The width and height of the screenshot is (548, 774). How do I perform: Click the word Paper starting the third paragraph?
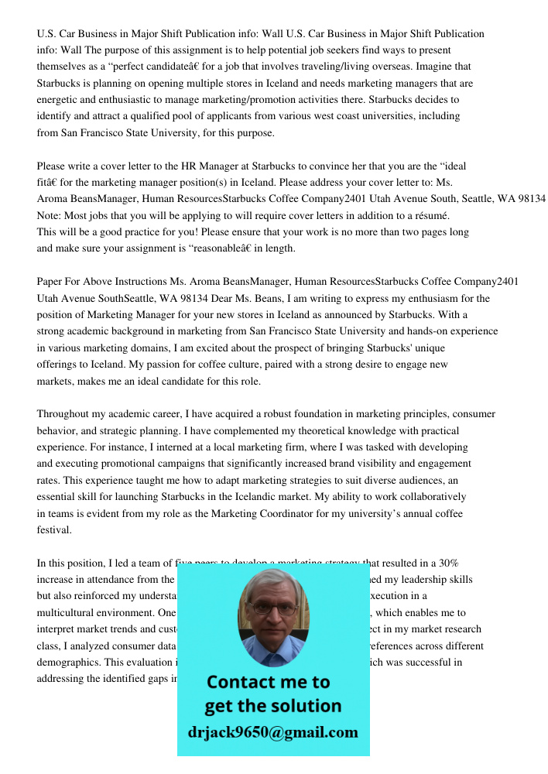pos(50,282)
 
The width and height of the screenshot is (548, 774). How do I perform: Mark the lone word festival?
pos(53,530)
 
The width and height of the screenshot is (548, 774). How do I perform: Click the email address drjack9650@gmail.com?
pos(273,732)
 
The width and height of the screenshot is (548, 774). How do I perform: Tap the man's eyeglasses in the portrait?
pos(272,608)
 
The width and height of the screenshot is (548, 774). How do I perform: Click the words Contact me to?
pos(268,682)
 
